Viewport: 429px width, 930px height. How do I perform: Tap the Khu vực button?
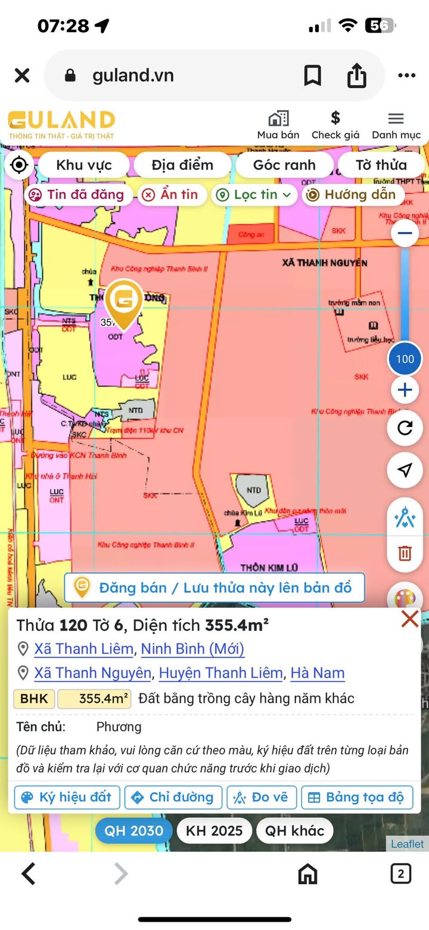click(83, 165)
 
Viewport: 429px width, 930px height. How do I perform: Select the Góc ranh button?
click(284, 165)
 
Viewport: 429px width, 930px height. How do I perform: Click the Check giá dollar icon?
click(335, 118)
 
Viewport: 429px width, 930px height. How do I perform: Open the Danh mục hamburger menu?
click(396, 118)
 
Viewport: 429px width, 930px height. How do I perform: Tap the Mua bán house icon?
click(278, 118)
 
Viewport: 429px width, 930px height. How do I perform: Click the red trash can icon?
click(405, 553)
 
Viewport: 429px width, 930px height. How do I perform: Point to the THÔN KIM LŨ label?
click(269, 567)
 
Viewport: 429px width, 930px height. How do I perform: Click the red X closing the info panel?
click(410, 619)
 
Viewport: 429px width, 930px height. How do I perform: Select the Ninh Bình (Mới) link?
click(192, 648)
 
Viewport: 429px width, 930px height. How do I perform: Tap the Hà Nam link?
click(318, 673)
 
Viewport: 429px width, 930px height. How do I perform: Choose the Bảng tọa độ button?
click(357, 798)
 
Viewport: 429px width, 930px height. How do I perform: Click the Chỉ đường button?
click(173, 798)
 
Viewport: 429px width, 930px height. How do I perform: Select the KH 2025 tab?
click(214, 830)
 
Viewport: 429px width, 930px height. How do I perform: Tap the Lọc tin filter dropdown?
click(255, 194)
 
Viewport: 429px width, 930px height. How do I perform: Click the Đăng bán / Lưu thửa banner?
click(214, 588)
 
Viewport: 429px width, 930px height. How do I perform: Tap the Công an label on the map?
click(251, 234)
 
